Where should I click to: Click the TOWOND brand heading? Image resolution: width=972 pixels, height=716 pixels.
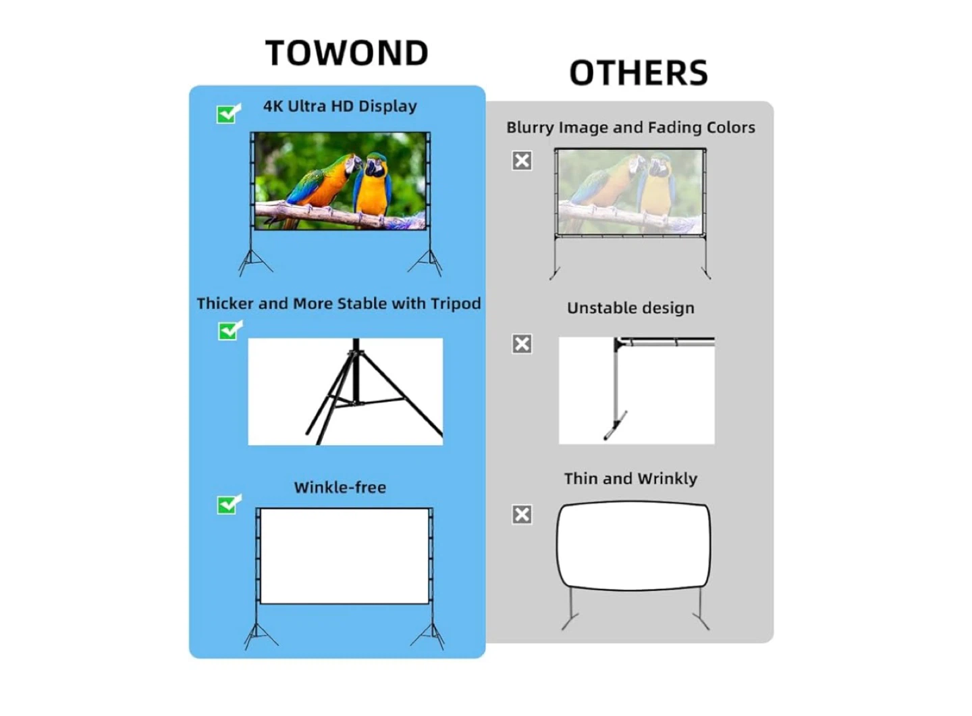347,53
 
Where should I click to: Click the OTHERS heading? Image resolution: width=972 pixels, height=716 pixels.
639,72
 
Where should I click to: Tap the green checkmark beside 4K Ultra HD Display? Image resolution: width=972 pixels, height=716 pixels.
228,113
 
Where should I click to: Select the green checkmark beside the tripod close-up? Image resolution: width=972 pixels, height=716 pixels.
230,331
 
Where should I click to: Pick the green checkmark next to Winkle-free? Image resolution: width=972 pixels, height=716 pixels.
229,505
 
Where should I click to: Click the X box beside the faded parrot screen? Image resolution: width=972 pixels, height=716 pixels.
522,161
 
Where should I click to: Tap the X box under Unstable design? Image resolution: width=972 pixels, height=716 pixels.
522,344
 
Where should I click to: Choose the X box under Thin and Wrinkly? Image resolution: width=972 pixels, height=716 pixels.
522,515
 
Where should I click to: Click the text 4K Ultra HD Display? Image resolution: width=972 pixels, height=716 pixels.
340,106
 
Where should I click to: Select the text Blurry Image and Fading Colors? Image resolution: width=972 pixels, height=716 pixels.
630,128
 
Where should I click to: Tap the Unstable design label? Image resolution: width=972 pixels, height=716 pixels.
630,308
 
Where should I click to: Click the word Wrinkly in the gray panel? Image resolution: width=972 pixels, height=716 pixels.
668,479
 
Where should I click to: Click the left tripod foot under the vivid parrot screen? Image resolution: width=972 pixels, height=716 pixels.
255,262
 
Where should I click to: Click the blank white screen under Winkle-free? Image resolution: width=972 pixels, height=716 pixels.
344,556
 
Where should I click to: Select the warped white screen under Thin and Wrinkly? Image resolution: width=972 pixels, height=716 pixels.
633,546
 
